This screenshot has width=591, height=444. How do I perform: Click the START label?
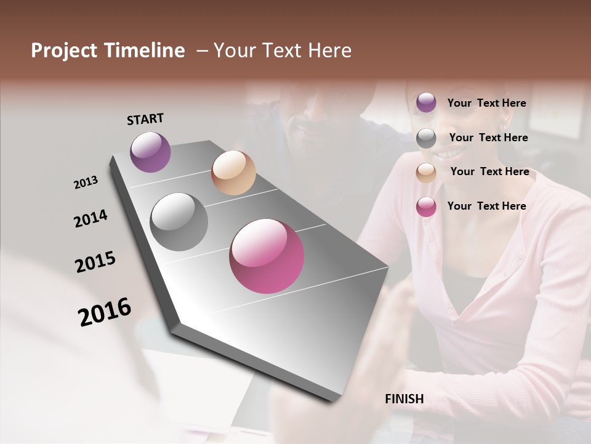[145, 119]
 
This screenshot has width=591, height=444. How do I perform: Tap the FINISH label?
[404, 399]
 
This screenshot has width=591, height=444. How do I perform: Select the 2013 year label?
[86, 183]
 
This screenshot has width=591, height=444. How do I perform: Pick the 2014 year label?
[90, 219]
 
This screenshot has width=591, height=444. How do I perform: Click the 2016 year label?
[105, 311]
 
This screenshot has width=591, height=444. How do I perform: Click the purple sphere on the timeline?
[150, 152]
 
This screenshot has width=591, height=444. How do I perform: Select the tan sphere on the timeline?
[233, 173]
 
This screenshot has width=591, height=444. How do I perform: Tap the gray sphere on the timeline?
[179, 222]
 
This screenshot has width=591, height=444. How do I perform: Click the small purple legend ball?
[426, 102]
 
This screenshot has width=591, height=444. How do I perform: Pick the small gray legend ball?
[426, 138]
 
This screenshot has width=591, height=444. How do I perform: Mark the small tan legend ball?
[426, 173]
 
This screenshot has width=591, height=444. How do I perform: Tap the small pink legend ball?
[426, 207]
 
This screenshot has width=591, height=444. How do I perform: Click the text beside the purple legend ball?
[486, 103]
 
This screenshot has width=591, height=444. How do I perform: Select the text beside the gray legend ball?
[488, 138]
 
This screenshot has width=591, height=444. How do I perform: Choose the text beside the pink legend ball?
[486, 206]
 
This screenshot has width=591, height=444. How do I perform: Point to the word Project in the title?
[64, 51]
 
